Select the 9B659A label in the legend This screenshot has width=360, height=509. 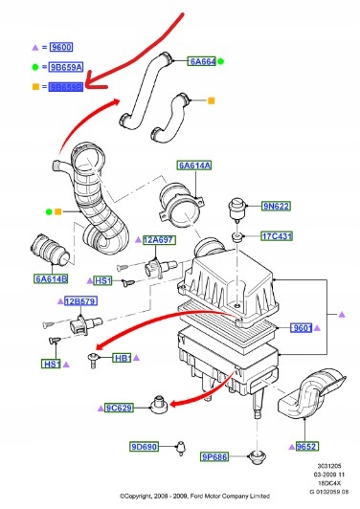69,66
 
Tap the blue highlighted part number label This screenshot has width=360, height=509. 69,86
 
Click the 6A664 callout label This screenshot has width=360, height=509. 202,61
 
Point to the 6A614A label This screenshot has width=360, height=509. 194,165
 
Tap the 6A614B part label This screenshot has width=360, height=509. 51,278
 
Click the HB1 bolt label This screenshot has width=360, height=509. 123,357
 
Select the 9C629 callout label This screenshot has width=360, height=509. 122,409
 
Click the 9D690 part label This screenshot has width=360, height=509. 145,447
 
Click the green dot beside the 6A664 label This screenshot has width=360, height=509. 221,61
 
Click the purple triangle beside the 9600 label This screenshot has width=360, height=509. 35,46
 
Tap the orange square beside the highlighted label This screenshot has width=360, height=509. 35,86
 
